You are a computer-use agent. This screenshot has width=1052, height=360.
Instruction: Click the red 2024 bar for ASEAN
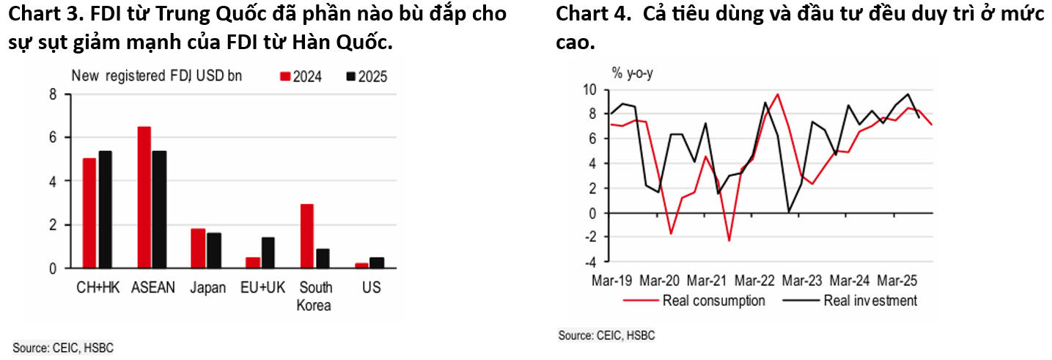coord(144,197)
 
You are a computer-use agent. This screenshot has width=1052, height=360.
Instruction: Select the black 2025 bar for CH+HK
coord(105,210)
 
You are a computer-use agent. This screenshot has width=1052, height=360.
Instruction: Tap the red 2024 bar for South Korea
coord(306,236)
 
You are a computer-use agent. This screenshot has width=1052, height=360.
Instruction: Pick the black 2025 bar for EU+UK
coord(268,253)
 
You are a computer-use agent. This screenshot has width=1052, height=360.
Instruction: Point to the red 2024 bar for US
coord(361,265)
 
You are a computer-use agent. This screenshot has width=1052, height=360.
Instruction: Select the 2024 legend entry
coord(301,76)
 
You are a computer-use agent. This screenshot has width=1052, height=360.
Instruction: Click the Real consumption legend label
coord(713,301)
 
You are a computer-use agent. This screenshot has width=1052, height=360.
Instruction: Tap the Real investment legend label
coord(870,301)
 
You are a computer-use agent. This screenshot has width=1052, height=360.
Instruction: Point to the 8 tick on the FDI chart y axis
coord(53,94)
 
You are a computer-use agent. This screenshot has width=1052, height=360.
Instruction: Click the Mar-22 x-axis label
coord(754,281)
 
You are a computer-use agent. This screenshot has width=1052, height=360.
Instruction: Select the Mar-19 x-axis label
coord(611,281)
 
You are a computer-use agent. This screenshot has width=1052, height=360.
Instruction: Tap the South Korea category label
coord(315,296)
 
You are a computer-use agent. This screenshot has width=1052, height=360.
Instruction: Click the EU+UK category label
coord(260,287)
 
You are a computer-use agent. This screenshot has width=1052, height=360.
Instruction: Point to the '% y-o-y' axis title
coord(632,73)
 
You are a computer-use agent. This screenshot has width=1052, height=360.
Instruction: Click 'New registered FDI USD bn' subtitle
coord(156,76)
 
